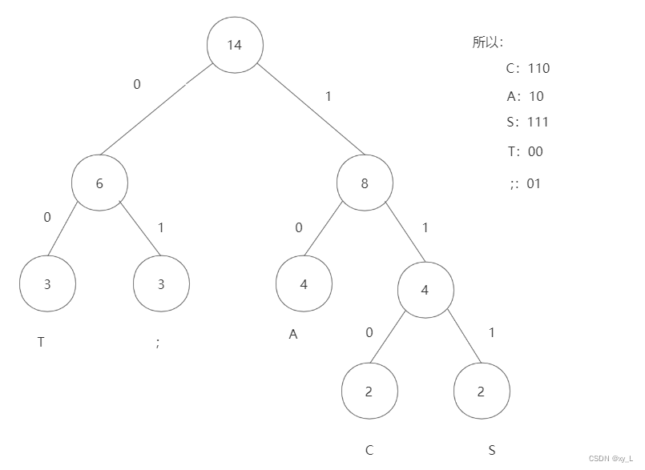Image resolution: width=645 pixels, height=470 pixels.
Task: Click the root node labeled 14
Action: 235,45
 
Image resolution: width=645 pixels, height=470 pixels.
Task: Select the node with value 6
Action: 99,183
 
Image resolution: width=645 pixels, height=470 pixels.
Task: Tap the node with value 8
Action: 365,183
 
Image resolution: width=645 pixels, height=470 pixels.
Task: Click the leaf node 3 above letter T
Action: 47,283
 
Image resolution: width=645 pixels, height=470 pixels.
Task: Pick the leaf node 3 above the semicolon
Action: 161,283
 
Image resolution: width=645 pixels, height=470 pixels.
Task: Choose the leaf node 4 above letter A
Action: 304,283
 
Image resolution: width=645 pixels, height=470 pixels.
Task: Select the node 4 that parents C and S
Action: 425,290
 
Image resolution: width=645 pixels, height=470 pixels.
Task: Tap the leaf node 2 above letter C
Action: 369,392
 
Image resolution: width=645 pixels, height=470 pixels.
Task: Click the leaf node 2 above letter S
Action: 481,392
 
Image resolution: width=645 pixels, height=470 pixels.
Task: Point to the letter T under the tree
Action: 41,342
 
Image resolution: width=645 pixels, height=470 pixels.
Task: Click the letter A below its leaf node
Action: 293,335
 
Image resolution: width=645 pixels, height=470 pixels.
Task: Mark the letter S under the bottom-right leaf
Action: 492,450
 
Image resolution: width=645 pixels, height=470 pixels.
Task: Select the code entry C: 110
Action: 527,68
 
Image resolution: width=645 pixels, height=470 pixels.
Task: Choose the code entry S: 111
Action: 527,122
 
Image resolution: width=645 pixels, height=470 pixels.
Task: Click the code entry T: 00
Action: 525,151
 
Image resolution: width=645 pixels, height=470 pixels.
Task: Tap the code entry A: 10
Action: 525,96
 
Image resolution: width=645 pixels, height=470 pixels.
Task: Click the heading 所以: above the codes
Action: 487,43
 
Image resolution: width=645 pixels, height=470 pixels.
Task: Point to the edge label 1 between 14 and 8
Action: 328,96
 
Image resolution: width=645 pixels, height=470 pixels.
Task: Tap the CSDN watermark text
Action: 611,459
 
